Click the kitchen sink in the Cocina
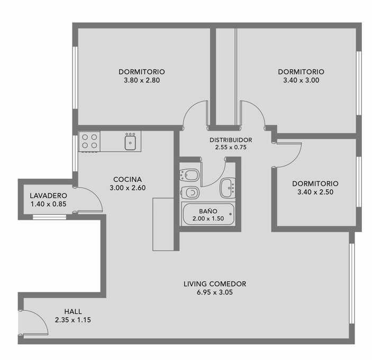click(x=130, y=142)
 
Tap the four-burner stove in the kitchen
click(x=89, y=142)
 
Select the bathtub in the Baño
click(x=208, y=214)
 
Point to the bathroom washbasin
click(x=228, y=188)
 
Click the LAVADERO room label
click(x=48, y=196)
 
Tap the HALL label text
click(x=73, y=311)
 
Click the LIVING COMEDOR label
click(x=215, y=284)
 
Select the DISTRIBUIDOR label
click(x=231, y=140)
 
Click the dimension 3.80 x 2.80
click(x=142, y=80)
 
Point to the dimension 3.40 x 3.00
click(x=301, y=80)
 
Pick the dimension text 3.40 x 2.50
click(x=315, y=192)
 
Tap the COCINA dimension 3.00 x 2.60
click(x=128, y=188)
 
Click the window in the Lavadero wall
click(x=49, y=217)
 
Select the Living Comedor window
click(x=352, y=283)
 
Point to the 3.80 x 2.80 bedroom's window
click(x=75, y=78)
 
